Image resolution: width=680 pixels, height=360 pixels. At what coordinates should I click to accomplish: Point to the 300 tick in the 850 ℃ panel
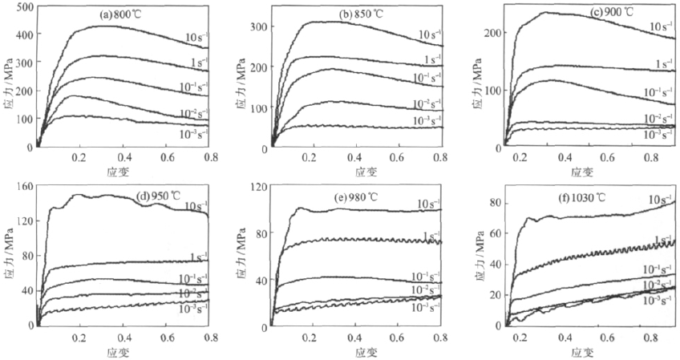coord(257,26)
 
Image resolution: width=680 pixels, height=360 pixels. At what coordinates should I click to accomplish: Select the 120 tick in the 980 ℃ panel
coord(257,187)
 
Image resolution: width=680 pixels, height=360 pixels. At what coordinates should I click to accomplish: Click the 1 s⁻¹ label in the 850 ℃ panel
coord(431,60)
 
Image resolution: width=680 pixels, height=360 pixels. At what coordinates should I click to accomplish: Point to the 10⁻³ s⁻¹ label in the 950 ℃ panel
coord(192,309)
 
